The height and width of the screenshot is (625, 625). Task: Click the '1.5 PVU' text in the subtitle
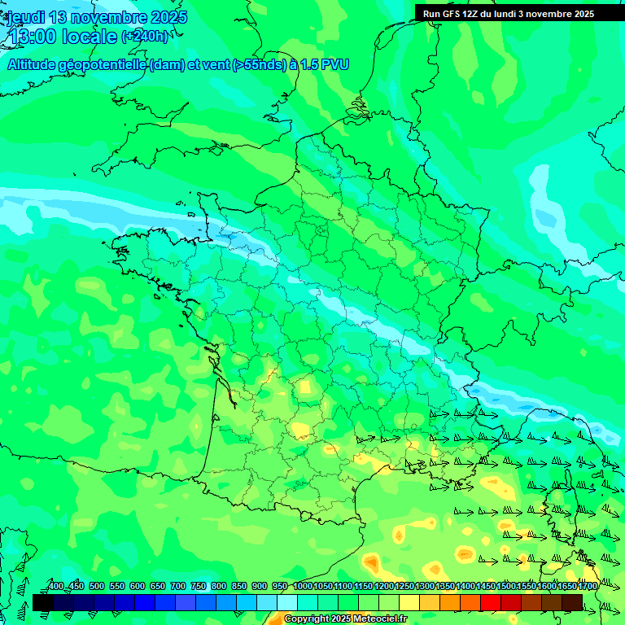click(325, 64)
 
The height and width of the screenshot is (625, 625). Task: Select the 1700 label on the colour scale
click(564, 586)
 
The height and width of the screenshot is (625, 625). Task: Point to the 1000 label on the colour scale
click(302, 586)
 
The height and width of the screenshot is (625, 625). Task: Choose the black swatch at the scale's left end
click(43, 602)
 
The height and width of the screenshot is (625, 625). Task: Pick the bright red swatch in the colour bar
click(491, 602)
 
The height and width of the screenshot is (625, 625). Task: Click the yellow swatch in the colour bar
click(409, 602)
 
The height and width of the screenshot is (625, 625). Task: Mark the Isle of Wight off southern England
click(219, 148)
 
